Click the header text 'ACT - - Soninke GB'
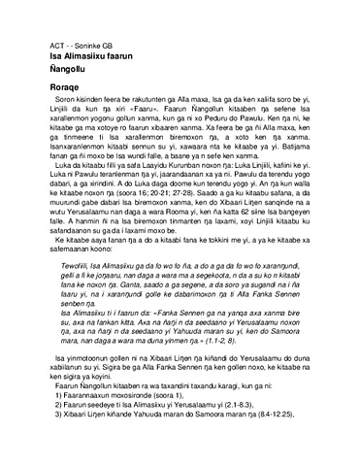[x=64, y=47]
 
